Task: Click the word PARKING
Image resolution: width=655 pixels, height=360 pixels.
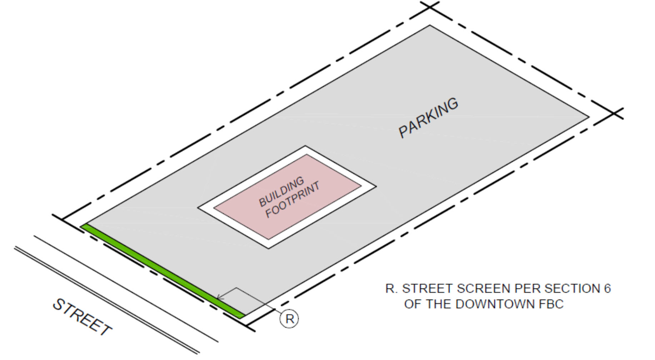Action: (428, 117)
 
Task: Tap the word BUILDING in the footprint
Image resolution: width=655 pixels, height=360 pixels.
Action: (281, 191)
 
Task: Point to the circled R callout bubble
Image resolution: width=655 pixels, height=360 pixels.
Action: (289, 319)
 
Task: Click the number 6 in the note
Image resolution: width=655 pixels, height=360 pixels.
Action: (607, 289)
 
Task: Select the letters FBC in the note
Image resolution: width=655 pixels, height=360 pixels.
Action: (551, 304)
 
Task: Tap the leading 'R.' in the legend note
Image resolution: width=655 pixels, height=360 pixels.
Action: (391, 289)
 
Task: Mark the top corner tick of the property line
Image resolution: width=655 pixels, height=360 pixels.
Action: (430, 6)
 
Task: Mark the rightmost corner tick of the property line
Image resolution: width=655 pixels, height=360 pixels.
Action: (614, 113)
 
